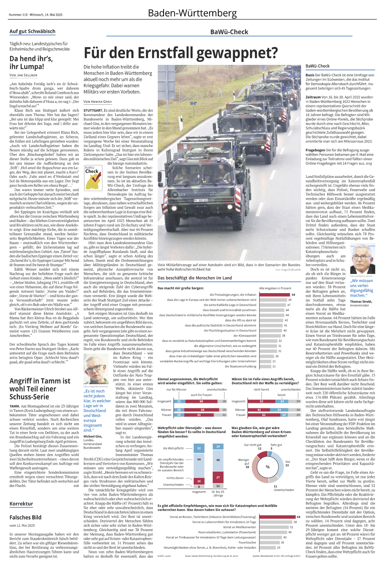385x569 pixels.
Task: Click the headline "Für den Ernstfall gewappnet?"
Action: click(x=181, y=53)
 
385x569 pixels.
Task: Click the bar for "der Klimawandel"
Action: click(x=269, y=335)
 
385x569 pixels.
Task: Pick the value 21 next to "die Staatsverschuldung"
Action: click(x=274, y=366)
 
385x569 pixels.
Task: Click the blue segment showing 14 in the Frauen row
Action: click(x=284, y=415)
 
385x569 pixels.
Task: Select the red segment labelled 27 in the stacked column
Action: click(x=218, y=477)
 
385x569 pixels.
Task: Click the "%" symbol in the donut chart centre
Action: click(x=267, y=467)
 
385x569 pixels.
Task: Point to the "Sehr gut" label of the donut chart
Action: click(x=276, y=445)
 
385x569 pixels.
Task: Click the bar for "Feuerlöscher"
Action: click(x=269, y=542)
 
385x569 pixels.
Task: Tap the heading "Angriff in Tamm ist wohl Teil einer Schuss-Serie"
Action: click(x=40, y=388)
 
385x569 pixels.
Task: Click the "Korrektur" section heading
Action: click(x=21, y=504)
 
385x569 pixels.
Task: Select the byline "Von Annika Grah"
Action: click(x=98, y=102)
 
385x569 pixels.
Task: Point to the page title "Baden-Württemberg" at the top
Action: click(x=192, y=13)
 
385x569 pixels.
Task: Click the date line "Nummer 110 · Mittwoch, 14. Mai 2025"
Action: click(x=36, y=15)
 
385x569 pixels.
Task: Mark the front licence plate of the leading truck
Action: click(x=201, y=200)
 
